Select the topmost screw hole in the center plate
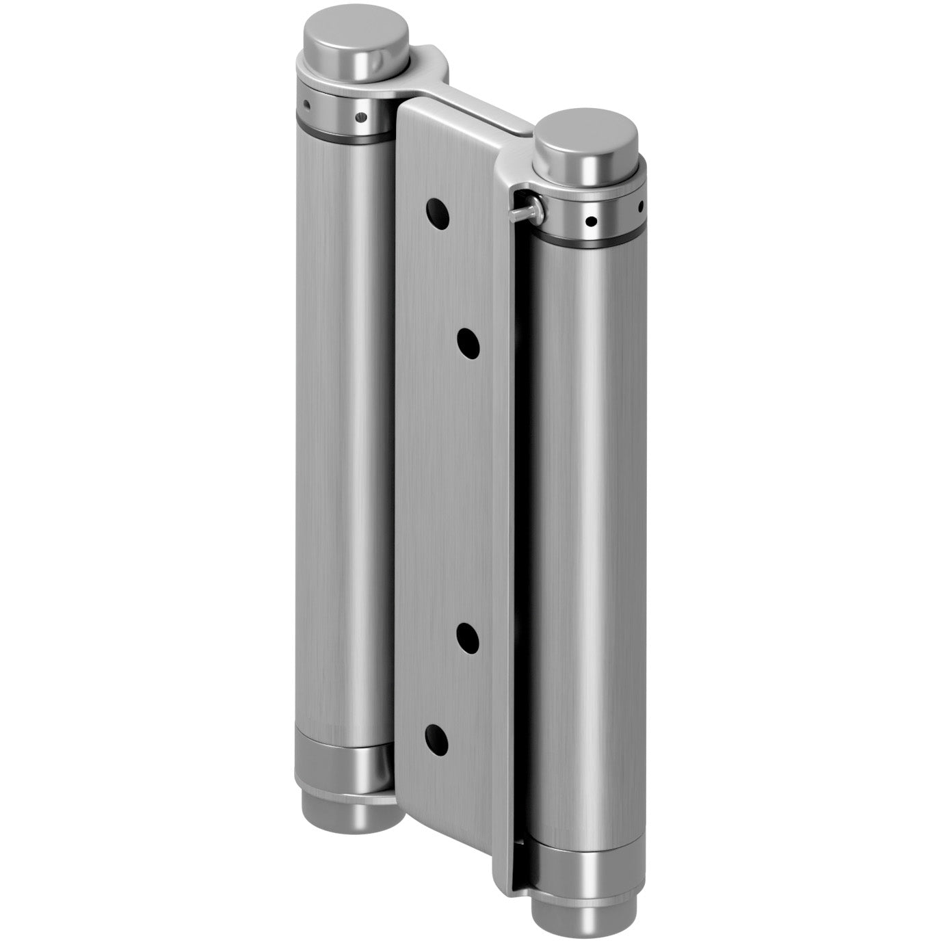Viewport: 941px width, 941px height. click(x=438, y=213)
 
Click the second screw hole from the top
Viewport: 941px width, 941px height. click(x=468, y=342)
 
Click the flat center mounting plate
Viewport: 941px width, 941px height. click(x=451, y=479)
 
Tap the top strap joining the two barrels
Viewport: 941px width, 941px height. click(x=472, y=103)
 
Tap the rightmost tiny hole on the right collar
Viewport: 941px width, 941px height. click(x=640, y=204)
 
